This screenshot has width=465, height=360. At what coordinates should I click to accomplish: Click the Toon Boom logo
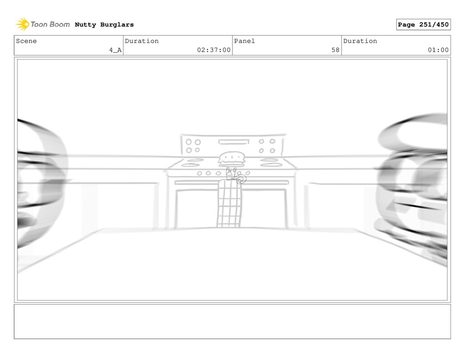43,25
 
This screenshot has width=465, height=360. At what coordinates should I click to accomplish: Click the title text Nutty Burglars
104,25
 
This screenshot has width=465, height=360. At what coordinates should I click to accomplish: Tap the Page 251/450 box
423,25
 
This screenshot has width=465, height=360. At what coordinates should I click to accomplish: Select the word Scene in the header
26,41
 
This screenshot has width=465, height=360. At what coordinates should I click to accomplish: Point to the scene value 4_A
115,50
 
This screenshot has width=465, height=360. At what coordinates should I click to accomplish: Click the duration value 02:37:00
214,50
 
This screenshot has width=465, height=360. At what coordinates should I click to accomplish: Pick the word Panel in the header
244,41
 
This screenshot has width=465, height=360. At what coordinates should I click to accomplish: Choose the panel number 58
336,50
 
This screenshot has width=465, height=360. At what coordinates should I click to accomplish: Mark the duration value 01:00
438,50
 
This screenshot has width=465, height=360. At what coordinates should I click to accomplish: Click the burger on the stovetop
232,159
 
